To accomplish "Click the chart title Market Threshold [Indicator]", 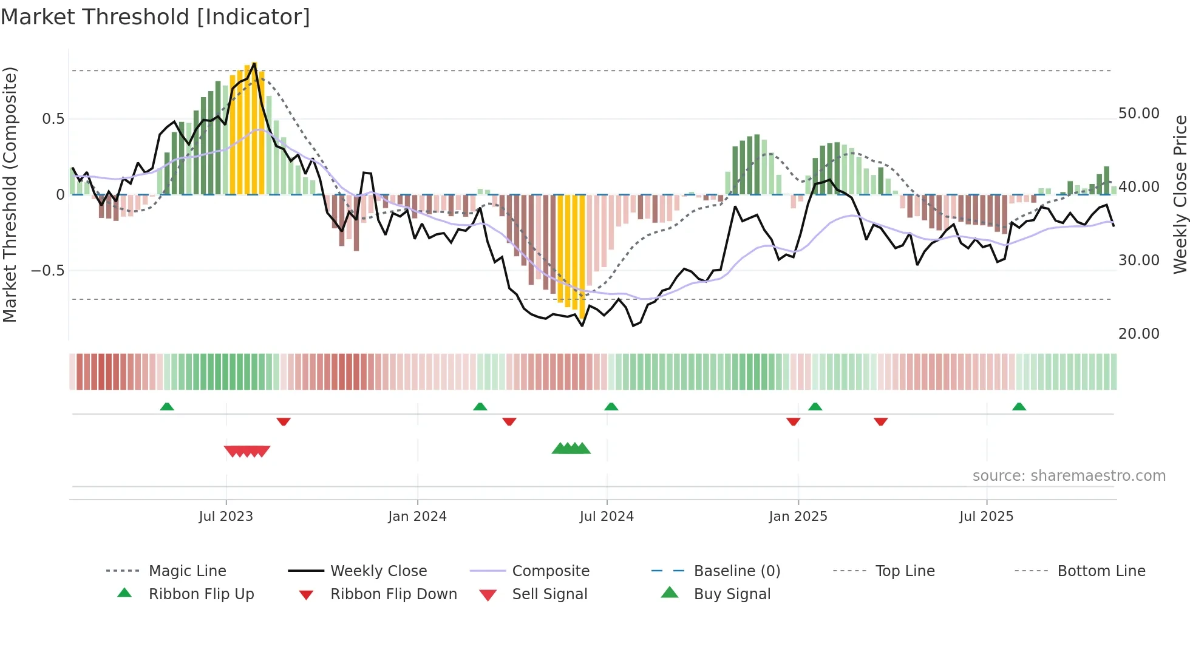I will (x=155, y=17).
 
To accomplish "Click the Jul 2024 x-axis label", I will (x=607, y=517).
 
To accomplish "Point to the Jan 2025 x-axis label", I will (x=798, y=517).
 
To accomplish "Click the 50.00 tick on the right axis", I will (x=1138, y=114).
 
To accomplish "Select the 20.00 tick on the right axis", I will (x=1138, y=334).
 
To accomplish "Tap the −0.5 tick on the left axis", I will (x=48, y=271).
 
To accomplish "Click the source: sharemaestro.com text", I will (x=1069, y=476).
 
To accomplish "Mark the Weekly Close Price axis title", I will (x=1180, y=194).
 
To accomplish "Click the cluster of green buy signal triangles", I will (x=571, y=449).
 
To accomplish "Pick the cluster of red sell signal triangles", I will (x=247, y=451).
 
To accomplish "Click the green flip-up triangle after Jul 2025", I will (x=1019, y=407).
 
